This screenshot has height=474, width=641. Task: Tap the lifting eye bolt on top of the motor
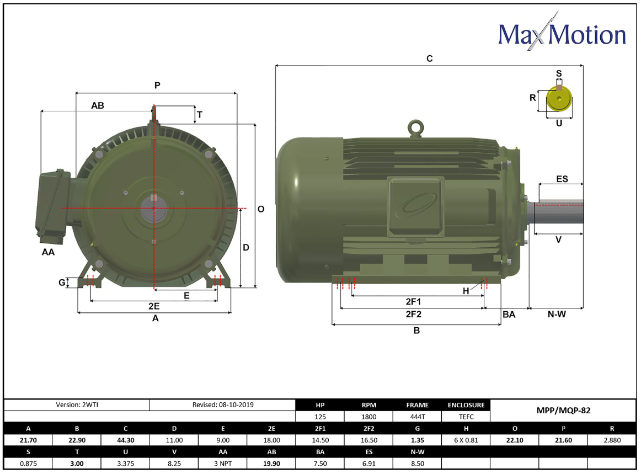pyautogui.click(x=415, y=129)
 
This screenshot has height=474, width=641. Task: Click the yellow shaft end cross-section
pyautogui.click(x=559, y=99)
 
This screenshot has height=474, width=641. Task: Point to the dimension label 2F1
pyautogui.click(x=413, y=301)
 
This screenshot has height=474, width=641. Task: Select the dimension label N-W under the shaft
pyautogui.click(x=557, y=314)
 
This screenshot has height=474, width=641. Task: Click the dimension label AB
pyautogui.click(x=97, y=105)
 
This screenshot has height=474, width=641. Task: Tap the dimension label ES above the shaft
pyautogui.click(x=562, y=179)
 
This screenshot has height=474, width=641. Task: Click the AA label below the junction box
pyautogui.click(x=48, y=252)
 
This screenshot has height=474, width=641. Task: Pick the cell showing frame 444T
pyautogui.click(x=418, y=417)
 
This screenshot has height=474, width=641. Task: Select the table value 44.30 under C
pyautogui.click(x=126, y=440)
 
